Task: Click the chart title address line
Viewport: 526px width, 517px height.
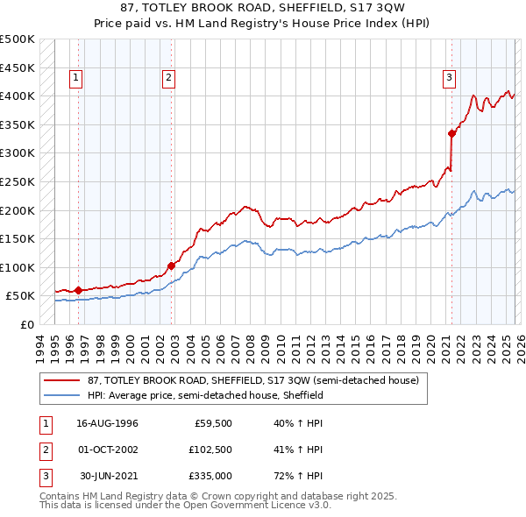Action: [262, 7]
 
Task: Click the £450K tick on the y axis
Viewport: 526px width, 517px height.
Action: [18, 67]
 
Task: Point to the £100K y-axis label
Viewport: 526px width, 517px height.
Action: [18, 267]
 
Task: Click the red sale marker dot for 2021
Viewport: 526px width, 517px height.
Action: [452, 133]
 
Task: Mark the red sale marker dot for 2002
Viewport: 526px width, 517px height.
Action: [171, 266]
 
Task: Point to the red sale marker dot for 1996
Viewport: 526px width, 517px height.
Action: [79, 290]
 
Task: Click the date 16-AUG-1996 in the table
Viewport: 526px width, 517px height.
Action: [108, 422]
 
